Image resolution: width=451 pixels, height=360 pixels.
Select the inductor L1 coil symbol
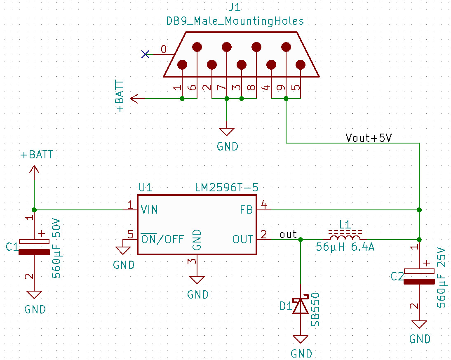coord(345,238)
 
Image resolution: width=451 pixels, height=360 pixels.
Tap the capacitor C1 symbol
coord(34,247)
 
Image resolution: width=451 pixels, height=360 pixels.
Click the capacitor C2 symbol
coord(419,277)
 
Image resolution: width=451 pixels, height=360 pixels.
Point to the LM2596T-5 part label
coord(227,188)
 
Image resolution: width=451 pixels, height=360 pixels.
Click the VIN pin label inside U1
coord(149,209)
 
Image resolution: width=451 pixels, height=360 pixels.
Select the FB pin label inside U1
coord(246,209)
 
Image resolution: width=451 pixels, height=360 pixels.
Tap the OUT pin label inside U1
coord(243,239)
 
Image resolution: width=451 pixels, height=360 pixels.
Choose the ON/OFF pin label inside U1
coord(162,239)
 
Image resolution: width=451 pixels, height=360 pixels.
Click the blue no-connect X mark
coord(145,54)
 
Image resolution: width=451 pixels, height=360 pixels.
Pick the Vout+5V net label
coord(368,138)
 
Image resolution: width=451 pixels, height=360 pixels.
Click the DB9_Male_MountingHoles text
coord(235,21)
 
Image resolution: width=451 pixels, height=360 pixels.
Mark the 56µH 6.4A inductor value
coord(345,248)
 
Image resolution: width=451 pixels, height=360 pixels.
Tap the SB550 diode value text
coord(315,309)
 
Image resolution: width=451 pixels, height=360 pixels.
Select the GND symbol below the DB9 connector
coord(226,132)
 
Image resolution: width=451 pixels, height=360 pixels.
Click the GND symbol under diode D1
coord(301,339)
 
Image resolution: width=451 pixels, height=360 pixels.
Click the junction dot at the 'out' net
coord(301,239)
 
